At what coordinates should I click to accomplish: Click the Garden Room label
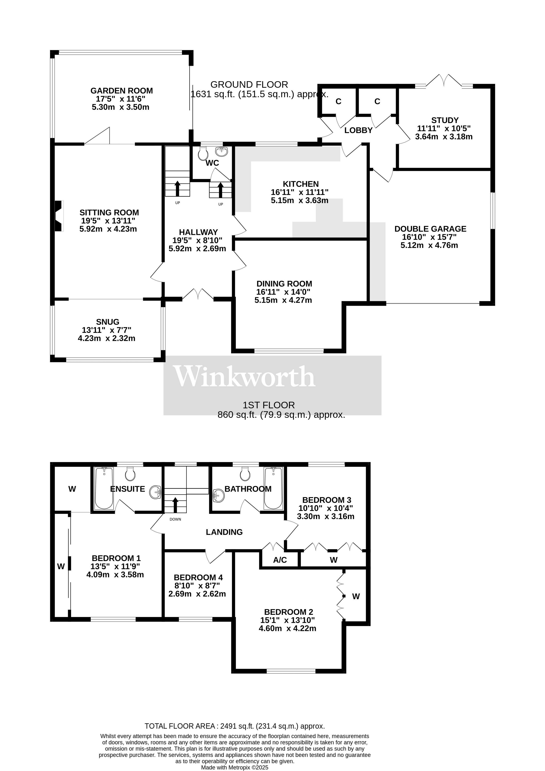(122, 91)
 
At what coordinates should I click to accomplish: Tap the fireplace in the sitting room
(59, 216)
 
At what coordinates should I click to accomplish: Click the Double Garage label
(430, 229)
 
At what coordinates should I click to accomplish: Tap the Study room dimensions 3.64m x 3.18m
(444, 137)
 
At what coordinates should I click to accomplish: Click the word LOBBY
(358, 130)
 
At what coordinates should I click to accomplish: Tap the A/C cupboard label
(280, 560)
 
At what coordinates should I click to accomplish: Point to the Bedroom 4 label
(198, 578)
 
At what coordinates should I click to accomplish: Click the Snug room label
(108, 322)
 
